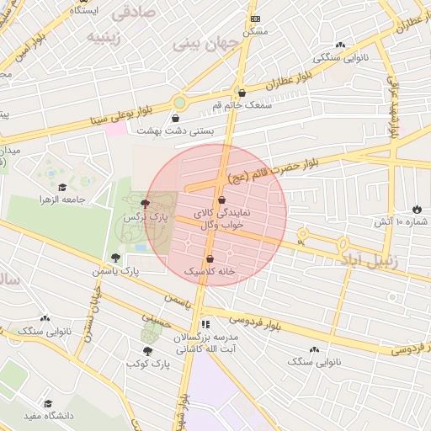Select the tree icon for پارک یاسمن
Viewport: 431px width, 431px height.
point(115,258)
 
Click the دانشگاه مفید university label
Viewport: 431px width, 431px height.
point(49,416)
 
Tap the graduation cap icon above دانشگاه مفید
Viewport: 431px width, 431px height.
point(48,404)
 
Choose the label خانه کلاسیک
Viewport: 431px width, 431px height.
point(209,272)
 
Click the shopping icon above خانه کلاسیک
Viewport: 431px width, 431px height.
point(209,258)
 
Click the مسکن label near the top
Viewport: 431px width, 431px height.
point(255,30)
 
